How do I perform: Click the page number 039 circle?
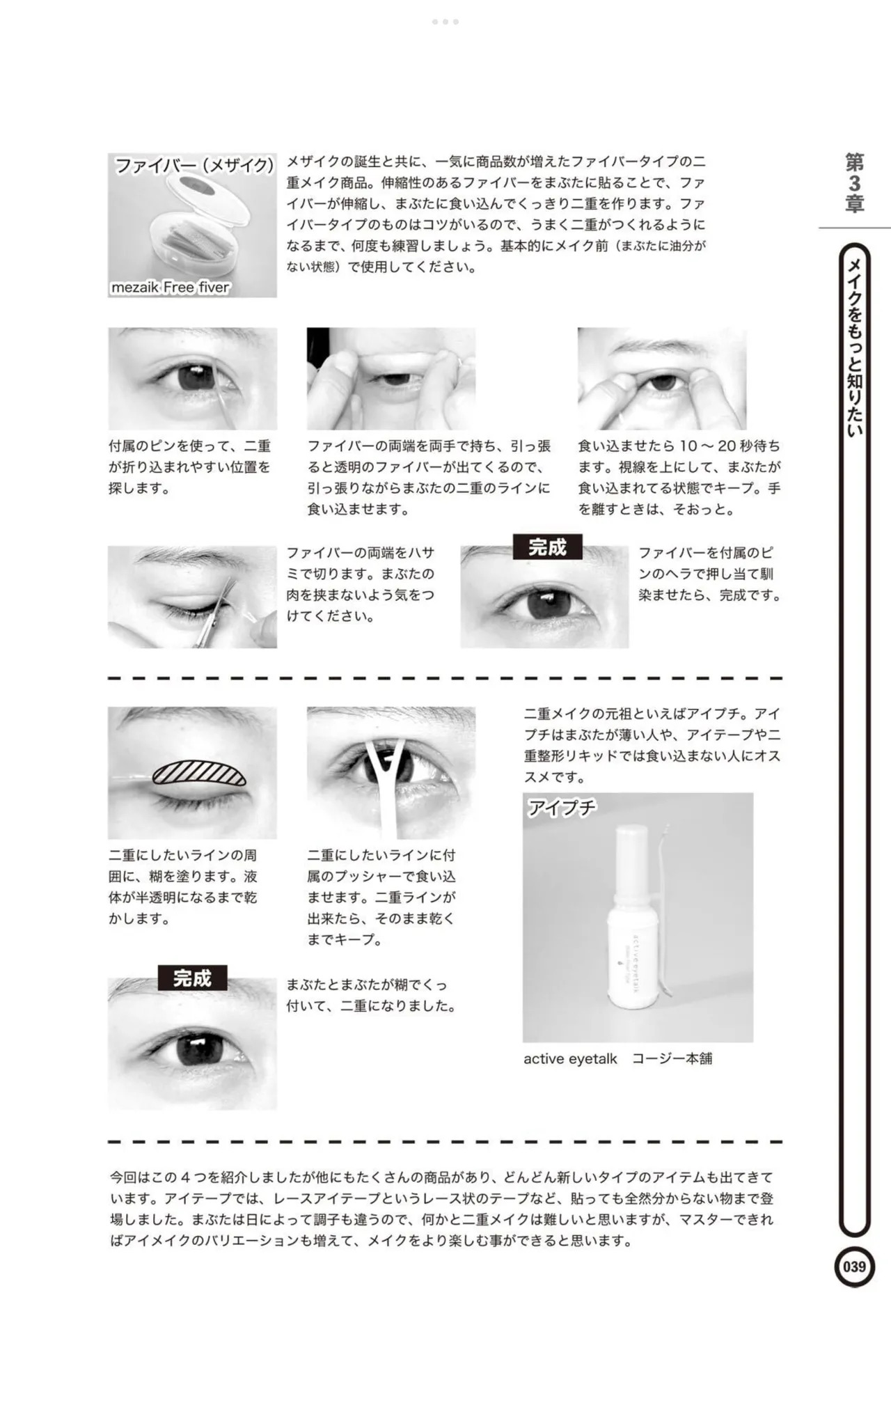(854, 1266)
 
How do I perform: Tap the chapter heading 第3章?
(854, 183)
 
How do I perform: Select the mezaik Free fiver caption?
(170, 287)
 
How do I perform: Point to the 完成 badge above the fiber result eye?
(547, 547)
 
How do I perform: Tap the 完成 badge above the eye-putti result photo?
(192, 978)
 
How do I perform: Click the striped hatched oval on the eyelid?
(198, 773)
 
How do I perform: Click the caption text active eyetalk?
(570, 1058)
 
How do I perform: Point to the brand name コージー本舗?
(672, 1058)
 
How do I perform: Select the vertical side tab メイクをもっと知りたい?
(855, 348)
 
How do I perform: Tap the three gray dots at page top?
(445, 22)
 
